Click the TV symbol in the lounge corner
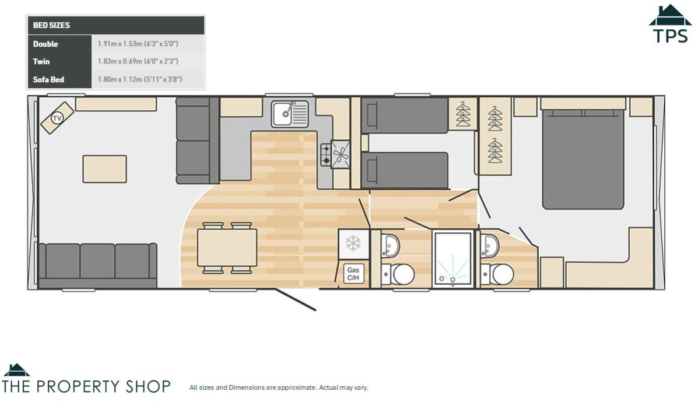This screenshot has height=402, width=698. point(57,118)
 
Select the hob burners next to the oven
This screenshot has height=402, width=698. point(325,155)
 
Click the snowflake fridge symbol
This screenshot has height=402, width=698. point(353,243)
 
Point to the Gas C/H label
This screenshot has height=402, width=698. point(353,274)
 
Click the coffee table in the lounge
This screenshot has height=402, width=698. point(104,169)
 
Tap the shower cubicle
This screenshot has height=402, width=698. point(453,258)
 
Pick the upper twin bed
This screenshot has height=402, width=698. point(404,116)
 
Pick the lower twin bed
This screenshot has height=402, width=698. point(404,170)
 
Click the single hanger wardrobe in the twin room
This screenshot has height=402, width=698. point(463,114)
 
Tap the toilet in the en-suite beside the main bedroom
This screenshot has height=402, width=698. point(500,274)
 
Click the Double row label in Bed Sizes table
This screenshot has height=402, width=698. point(45,44)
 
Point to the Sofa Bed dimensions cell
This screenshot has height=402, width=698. point(140,79)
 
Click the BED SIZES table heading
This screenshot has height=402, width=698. point(51,26)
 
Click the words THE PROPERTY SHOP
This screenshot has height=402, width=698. point(86,386)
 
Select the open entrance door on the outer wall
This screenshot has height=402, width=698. point(296,300)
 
